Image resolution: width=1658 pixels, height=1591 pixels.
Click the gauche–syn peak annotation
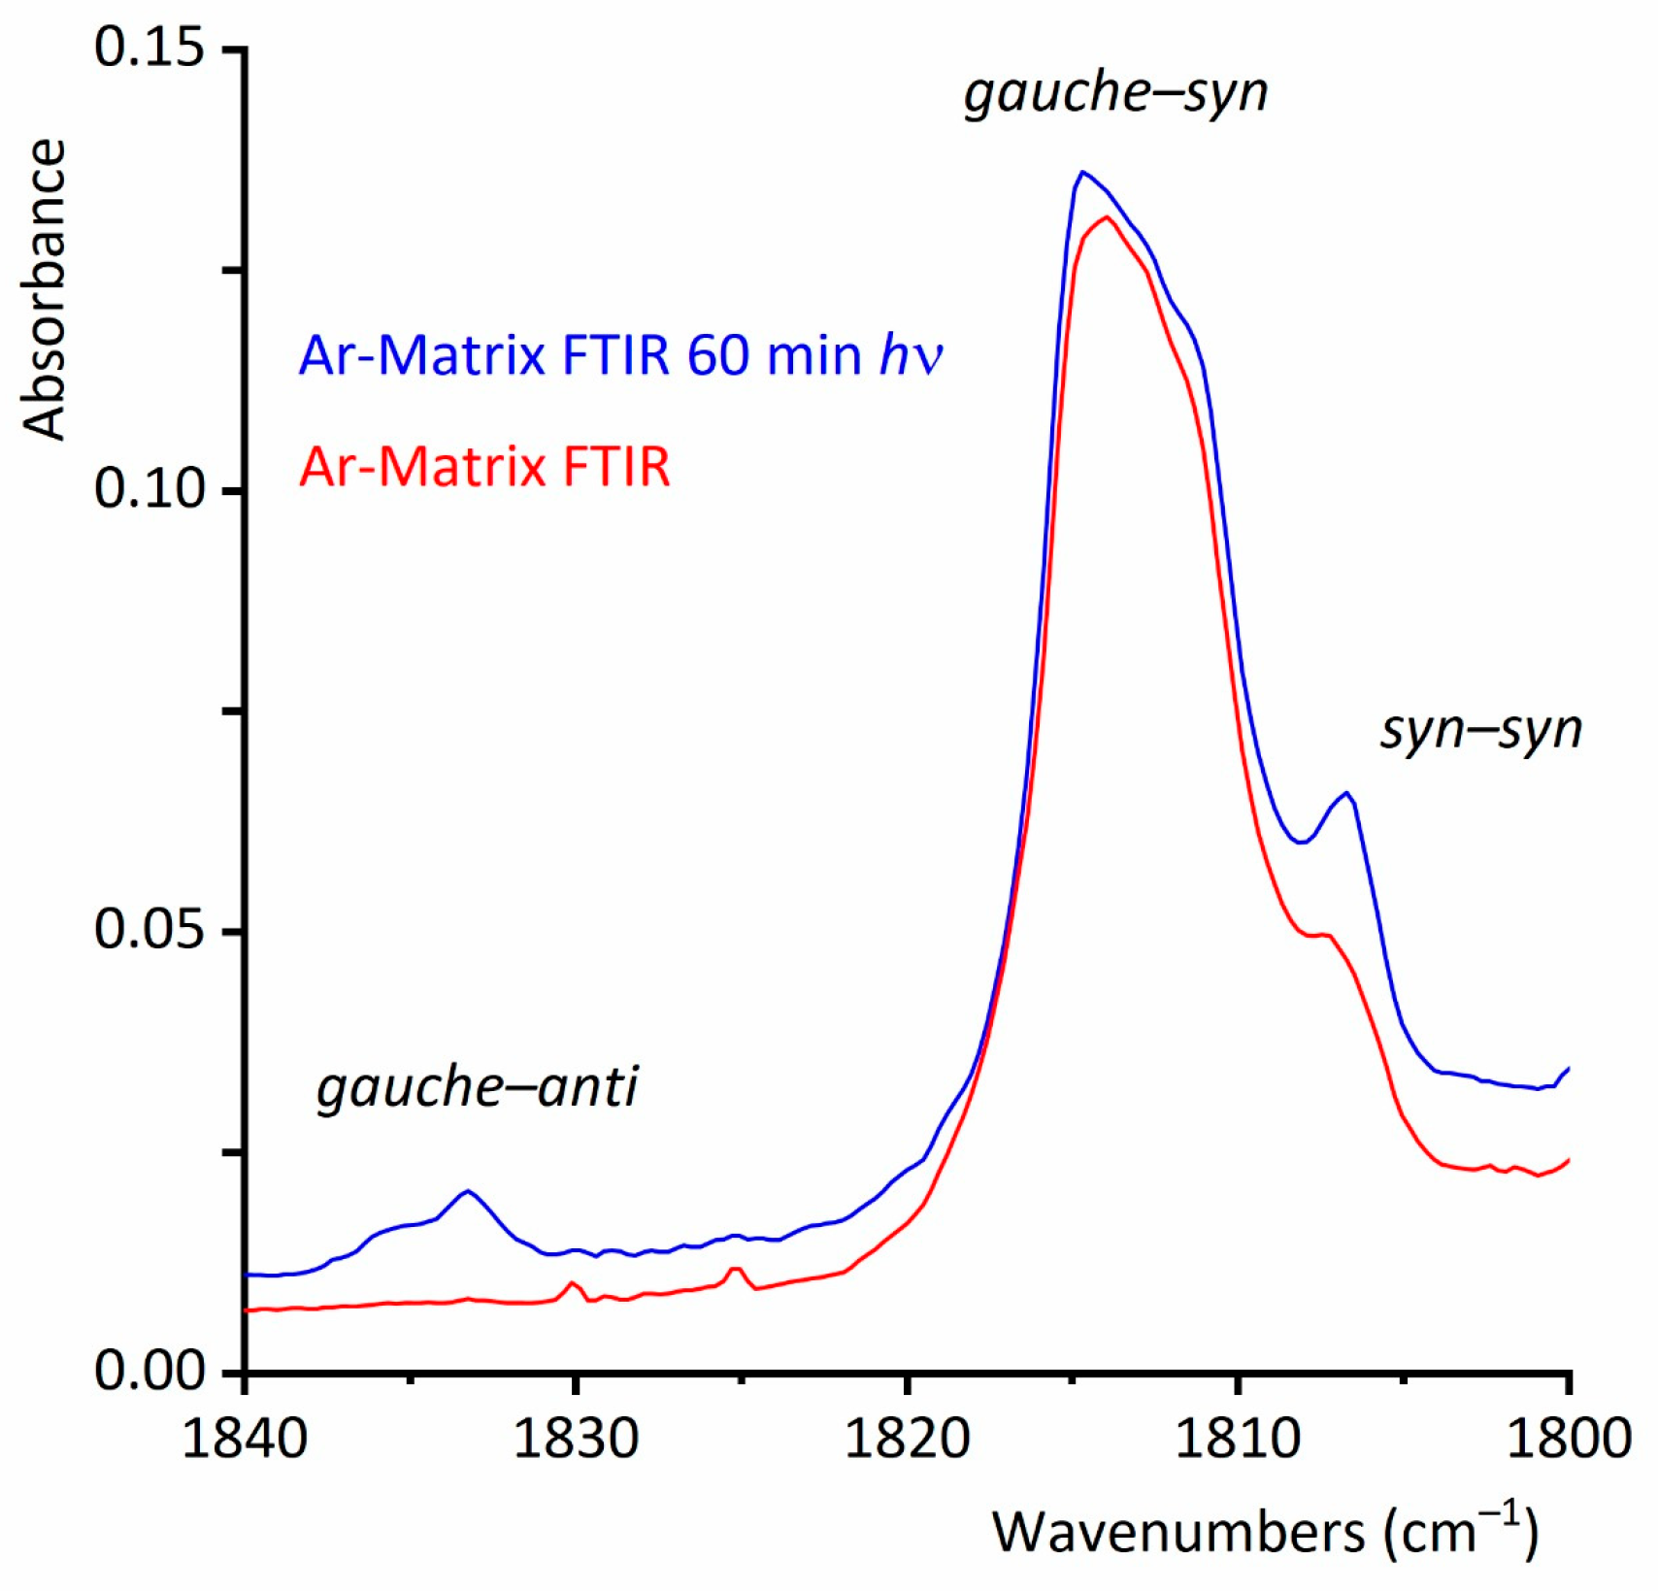coord(1115,95)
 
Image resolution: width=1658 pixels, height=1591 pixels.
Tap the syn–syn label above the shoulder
coord(1480,730)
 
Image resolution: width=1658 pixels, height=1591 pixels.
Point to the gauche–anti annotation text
coord(477,1087)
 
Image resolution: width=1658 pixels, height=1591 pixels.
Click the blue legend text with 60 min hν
coord(620,355)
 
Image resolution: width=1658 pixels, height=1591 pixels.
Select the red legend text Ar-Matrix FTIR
coord(484,467)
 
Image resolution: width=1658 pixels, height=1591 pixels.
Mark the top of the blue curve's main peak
coord(1082,172)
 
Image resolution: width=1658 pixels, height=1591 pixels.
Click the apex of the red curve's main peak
coord(1106,216)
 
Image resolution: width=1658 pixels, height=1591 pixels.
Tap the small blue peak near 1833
coord(468,1190)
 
